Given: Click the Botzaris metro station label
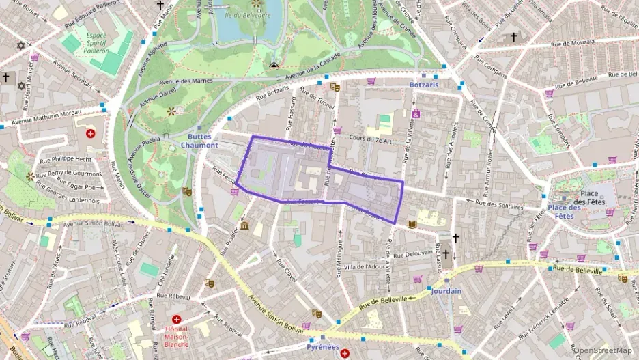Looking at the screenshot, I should (x=424, y=85).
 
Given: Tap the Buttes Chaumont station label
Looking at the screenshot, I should (x=203, y=141).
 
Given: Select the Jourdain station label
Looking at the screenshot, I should (x=446, y=291).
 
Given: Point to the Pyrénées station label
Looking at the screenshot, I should (x=324, y=347).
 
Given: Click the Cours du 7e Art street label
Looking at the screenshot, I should (x=369, y=139).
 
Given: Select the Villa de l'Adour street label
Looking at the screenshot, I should (x=365, y=266).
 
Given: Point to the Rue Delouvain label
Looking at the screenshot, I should (x=414, y=253).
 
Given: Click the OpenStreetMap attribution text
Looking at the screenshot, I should (x=603, y=351).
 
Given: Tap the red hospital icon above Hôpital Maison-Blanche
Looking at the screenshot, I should (x=176, y=319).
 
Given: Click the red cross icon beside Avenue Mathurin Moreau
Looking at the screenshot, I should (x=90, y=134).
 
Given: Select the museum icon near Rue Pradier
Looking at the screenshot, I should (x=244, y=225).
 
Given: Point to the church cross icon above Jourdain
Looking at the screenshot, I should (x=446, y=255).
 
